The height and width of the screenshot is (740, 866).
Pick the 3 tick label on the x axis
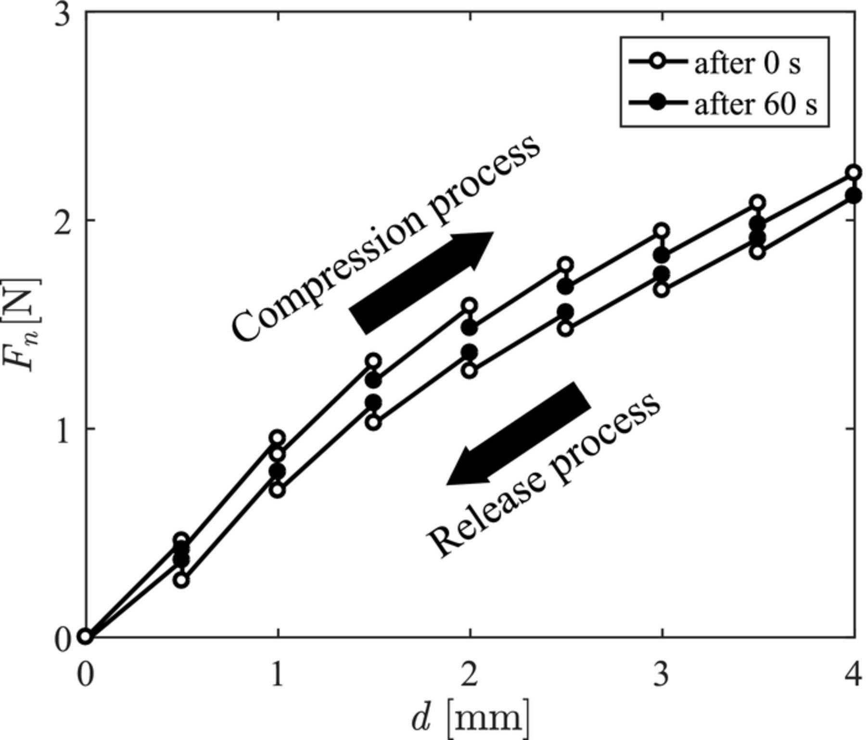coord(662,675)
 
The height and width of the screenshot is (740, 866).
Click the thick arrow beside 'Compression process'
coord(420,282)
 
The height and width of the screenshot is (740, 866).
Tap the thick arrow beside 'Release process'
coord(519,433)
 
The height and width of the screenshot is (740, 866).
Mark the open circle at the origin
coord(85,637)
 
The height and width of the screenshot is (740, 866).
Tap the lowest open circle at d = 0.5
coord(181,580)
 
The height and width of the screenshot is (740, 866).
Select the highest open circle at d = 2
coord(470,305)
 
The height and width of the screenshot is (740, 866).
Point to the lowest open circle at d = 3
coord(662,290)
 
